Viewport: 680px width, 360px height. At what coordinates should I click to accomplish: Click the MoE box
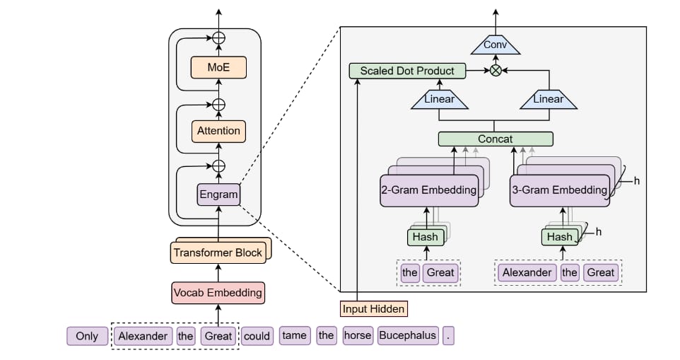click(218, 68)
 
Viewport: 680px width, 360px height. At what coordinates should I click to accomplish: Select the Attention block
click(218, 131)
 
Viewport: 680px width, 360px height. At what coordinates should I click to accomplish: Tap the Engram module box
click(218, 193)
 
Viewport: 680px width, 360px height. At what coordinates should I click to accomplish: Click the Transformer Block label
click(218, 252)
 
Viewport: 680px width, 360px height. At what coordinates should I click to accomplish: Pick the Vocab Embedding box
click(218, 292)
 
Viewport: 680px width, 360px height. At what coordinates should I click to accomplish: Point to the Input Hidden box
click(374, 309)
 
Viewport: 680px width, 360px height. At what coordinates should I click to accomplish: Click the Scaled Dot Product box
click(407, 71)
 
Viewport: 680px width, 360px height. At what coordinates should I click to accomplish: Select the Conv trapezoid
click(496, 46)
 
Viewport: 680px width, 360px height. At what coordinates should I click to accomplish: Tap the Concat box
click(496, 139)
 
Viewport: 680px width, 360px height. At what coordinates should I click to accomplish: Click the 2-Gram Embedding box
click(429, 190)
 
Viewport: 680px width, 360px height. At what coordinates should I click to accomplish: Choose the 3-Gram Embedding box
click(559, 190)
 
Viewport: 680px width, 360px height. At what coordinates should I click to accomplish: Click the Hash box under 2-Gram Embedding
click(425, 237)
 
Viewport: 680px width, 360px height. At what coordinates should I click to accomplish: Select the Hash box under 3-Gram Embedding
click(559, 237)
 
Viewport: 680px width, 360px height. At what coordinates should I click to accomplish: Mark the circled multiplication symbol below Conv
click(496, 71)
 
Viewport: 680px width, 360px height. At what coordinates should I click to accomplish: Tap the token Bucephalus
click(408, 336)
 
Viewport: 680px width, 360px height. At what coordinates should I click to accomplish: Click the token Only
click(87, 336)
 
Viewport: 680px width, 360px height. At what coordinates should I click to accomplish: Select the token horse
click(357, 336)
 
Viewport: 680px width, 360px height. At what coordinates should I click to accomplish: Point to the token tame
click(293, 336)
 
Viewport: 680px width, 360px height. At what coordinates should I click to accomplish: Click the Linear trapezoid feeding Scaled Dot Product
click(439, 100)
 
